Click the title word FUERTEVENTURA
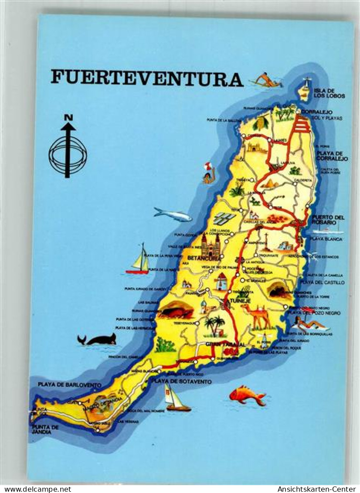click(x=146, y=78)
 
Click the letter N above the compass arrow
click(x=68, y=117)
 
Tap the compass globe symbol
click(x=68, y=155)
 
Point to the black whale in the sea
click(x=98, y=339)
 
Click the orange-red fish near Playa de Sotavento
click(x=247, y=394)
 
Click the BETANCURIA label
click(x=204, y=258)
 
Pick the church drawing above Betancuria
click(x=211, y=245)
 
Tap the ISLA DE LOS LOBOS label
click(x=329, y=93)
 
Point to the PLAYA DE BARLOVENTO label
click(x=70, y=385)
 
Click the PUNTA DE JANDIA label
click(x=45, y=430)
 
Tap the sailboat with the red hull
click(x=139, y=260)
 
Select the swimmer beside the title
click(x=266, y=81)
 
